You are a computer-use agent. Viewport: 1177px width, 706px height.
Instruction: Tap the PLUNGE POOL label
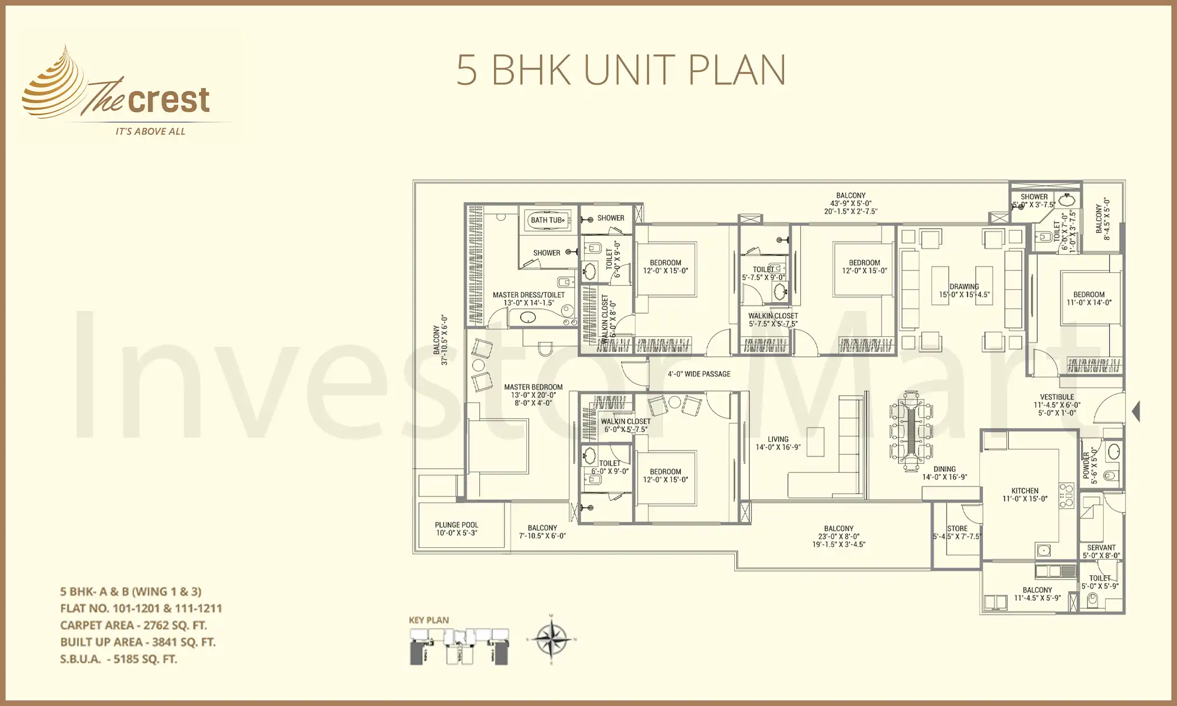[x=456, y=525]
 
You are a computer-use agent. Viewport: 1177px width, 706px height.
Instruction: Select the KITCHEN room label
[x=1025, y=491]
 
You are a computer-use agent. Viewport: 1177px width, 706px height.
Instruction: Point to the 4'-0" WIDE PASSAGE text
[x=699, y=374]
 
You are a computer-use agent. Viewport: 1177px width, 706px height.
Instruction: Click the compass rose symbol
[x=552, y=639]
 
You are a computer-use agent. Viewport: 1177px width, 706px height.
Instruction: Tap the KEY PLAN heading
[x=429, y=620]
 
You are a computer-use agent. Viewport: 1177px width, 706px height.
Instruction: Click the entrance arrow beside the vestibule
[x=1136, y=411]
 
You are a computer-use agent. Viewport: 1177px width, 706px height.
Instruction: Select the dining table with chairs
[x=911, y=430]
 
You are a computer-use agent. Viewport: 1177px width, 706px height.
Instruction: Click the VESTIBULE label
[x=1057, y=397]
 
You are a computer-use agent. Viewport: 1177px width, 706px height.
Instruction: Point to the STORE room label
[x=957, y=528]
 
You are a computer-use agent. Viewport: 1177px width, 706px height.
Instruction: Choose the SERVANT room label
[x=1101, y=548]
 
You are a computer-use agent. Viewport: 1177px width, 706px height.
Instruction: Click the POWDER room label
[x=1086, y=465]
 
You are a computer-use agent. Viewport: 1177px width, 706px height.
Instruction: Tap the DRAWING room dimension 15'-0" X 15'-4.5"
[x=964, y=295]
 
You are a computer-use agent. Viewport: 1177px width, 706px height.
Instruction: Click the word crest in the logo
[x=169, y=100]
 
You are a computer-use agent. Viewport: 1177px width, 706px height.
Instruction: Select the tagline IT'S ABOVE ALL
[x=150, y=132]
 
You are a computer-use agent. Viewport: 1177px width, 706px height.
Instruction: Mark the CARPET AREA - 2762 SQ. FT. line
[x=133, y=625]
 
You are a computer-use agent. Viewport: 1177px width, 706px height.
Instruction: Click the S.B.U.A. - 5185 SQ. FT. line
[x=118, y=659]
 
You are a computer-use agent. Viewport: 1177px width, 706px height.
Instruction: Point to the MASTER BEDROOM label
[x=533, y=387]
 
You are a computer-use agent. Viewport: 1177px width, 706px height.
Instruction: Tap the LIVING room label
[x=778, y=439]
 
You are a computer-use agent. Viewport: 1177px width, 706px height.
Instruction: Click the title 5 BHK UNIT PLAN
[x=620, y=70]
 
